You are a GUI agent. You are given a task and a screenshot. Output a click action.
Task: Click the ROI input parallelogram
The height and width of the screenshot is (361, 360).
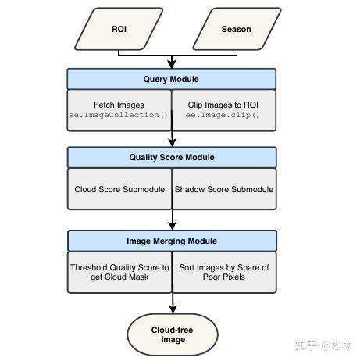119,30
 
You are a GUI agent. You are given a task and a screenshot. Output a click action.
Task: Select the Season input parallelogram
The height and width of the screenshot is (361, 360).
236,30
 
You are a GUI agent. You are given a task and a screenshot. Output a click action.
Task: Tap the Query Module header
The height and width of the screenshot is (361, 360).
171,79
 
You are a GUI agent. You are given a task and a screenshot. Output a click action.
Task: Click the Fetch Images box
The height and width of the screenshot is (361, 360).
119,110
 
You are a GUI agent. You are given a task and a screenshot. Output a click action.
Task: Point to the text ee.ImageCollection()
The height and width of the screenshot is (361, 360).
119,116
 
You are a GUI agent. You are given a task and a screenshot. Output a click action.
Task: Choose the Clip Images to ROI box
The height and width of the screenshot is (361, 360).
223,110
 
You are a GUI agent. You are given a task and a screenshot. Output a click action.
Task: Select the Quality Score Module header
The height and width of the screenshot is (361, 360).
171,158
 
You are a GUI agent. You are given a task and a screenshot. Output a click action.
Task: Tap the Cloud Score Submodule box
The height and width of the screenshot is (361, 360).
119,189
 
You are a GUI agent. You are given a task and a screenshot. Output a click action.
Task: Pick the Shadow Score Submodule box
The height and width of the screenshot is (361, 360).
224,189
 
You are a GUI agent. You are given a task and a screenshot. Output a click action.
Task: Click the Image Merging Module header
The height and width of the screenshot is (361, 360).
171,241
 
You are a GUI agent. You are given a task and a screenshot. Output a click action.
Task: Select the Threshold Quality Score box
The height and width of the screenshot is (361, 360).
119,272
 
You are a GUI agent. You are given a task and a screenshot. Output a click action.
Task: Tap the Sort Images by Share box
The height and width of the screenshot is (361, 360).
224,272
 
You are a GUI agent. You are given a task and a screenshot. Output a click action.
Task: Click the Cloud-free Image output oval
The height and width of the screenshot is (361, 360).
172,335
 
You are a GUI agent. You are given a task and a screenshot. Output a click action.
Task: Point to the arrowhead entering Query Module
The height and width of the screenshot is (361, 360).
172,64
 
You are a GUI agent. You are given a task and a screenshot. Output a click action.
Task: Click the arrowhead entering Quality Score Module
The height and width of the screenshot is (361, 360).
172,143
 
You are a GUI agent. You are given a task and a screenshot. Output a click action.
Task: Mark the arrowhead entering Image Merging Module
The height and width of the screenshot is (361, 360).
172,226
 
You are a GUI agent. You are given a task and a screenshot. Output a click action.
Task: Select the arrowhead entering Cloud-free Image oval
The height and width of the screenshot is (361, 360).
172,309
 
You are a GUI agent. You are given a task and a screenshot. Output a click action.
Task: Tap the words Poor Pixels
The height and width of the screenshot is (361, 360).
223,277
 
